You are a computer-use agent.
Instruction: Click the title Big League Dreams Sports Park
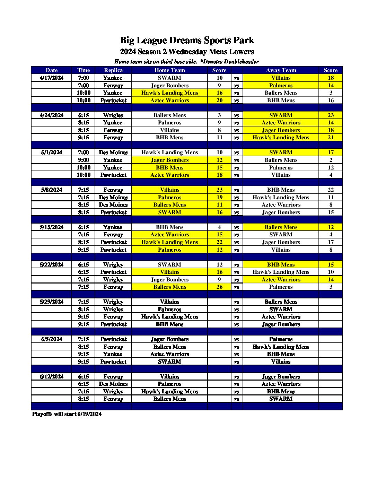click(x=187, y=41)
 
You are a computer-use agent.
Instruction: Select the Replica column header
click(x=113, y=70)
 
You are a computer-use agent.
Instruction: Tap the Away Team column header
click(x=281, y=70)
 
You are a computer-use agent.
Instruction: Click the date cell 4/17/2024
click(x=52, y=78)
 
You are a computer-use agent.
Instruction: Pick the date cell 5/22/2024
click(x=52, y=265)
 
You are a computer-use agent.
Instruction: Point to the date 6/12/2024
click(x=52, y=377)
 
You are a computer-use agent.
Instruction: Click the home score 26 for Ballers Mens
click(x=219, y=287)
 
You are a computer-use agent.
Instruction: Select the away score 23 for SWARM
click(x=331, y=115)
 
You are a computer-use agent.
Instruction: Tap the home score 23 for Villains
click(x=219, y=190)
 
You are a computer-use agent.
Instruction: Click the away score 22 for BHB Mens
click(x=331, y=190)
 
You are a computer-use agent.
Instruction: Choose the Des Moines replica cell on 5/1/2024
click(x=113, y=152)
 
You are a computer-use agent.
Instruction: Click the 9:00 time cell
click(x=84, y=160)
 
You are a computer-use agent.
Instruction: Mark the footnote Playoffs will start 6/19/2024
click(x=67, y=414)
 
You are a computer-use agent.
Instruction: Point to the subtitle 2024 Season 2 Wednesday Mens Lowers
click(x=187, y=52)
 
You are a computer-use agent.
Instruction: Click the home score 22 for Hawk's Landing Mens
click(x=219, y=242)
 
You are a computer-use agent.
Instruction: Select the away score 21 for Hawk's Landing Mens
click(x=331, y=138)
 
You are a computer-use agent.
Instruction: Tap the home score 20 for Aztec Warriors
click(x=219, y=101)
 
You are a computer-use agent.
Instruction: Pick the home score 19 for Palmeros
click(x=219, y=198)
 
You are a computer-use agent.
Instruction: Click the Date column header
click(x=52, y=70)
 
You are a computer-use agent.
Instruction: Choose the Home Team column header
click(x=169, y=70)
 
